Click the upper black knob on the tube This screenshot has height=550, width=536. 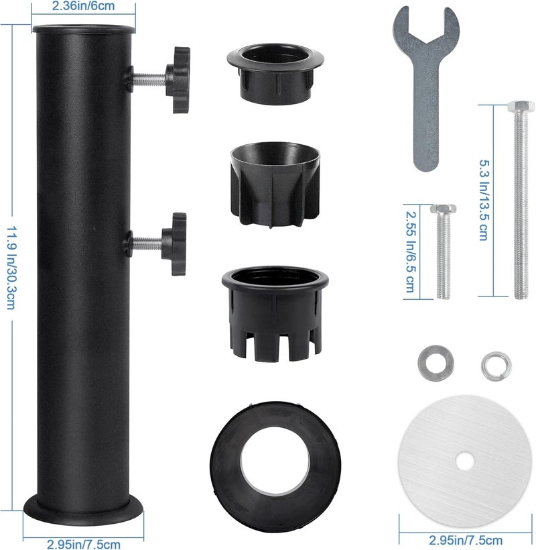[x=179, y=80]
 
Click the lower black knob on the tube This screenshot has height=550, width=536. [x=174, y=243]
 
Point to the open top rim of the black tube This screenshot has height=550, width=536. [x=83, y=28]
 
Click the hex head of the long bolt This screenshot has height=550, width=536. [x=521, y=105]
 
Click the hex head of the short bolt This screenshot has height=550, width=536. [x=443, y=209]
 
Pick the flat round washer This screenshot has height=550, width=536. [x=436, y=363]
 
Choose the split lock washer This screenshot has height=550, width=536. [x=496, y=366]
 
